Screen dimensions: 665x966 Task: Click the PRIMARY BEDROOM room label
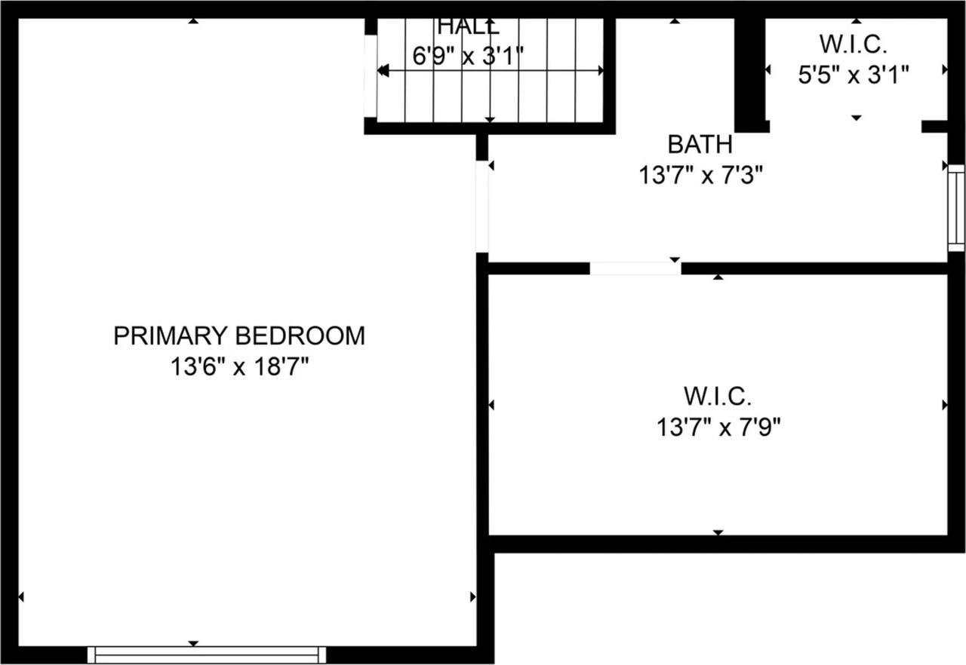click(x=238, y=336)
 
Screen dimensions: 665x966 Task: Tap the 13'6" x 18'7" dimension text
click(x=238, y=368)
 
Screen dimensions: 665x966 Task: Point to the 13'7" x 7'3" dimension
click(x=701, y=176)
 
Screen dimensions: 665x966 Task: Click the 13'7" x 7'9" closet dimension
click(x=718, y=428)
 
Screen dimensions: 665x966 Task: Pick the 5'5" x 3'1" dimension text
click(x=854, y=75)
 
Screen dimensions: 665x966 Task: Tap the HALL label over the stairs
click(x=468, y=27)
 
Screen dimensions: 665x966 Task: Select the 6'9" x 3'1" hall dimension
click(x=468, y=56)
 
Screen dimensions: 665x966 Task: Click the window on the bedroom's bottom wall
click(x=207, y=654)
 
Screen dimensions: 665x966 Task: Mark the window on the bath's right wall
click(x=956, y=207)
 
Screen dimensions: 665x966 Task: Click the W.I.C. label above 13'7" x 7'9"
click(x=718, y=395)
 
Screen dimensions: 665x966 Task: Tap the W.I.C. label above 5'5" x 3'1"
click(x=854, y=44)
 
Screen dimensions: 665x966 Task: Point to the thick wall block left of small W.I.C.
click(x=750, y=74)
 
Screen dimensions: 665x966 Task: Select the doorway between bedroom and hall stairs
click(x=370, y=75)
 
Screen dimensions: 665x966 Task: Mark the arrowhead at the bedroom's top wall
click(x=193, y=22)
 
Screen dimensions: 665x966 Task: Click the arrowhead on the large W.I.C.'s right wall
click(x=945, y=405)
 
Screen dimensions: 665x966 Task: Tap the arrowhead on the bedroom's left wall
click(x=21, y=596)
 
